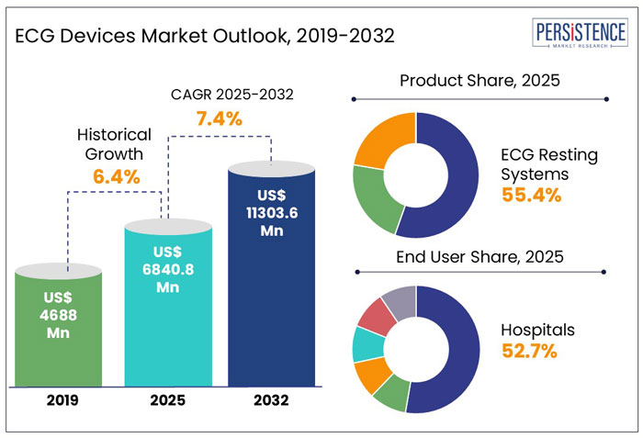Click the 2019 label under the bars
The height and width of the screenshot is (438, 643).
pos(58,400)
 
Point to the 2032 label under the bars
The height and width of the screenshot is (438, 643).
pos(272,400)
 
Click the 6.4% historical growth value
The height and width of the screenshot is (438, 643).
pos(115,176)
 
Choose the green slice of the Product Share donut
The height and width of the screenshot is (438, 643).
pos(372,197)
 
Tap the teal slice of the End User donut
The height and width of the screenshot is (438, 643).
pos(366,343)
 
